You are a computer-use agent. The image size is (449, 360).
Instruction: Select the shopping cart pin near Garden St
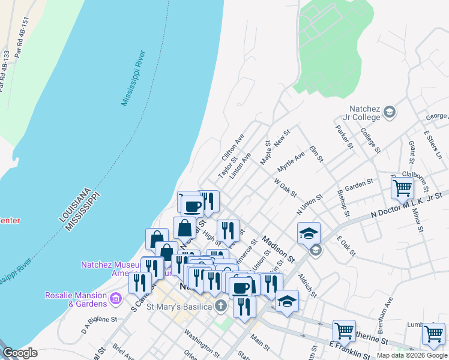(x=402, y=188)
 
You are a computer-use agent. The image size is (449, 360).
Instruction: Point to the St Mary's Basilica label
(x=179, y=307)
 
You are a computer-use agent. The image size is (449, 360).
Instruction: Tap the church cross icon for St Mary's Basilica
(x=221, y=307)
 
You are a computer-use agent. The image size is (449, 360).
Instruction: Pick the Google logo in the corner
(x=20, y=353)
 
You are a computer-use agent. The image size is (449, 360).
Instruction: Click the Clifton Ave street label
(x=233, y=148)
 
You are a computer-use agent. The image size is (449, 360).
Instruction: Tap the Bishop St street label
(x=343, y=203)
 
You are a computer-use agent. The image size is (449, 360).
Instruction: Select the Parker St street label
(x=344, y=135)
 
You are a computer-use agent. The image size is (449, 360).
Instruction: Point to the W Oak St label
(x=285, y=187)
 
